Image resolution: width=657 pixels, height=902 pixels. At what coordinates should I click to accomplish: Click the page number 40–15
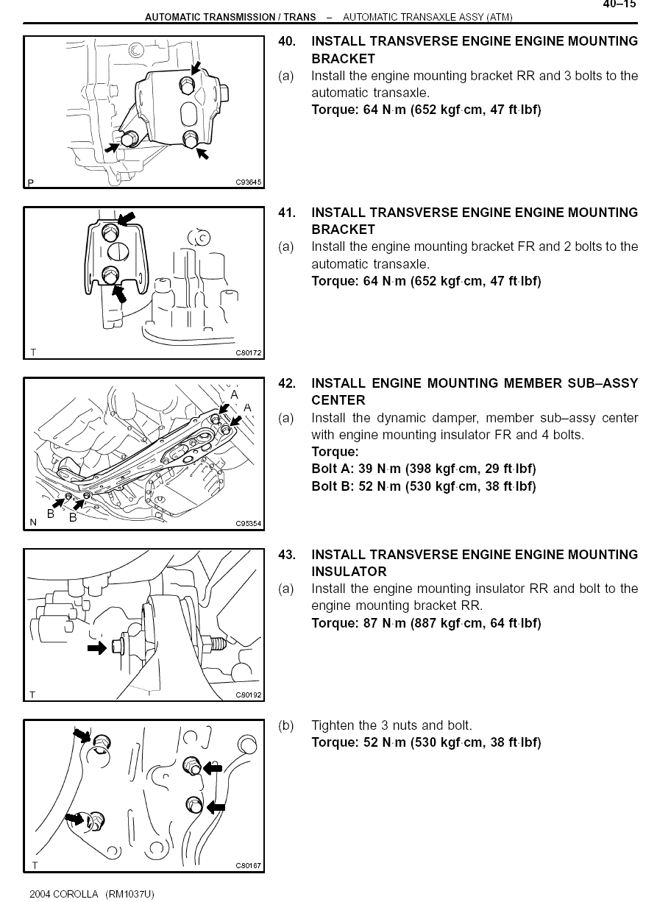point(619,4)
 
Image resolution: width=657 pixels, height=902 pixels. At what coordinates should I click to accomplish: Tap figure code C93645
point(249,182)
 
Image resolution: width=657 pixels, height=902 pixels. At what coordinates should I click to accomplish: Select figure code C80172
point(249,353)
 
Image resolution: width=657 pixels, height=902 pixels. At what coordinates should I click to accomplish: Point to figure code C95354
point(249,524)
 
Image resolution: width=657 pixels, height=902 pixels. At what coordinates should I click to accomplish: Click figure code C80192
point(249,695)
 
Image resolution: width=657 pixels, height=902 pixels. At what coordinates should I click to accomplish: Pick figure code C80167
point(249,866)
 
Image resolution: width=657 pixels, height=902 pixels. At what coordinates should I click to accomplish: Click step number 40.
point(286,42)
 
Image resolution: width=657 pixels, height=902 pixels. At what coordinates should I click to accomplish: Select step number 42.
point(286,383)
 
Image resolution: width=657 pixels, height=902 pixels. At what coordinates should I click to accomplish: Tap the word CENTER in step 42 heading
point(338,400)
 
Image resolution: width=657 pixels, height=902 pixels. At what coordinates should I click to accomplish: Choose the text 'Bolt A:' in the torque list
point(333,469)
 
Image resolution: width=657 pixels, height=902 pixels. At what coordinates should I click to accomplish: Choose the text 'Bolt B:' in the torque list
point(333,486)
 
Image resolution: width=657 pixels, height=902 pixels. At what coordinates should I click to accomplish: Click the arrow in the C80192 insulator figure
point(96,648)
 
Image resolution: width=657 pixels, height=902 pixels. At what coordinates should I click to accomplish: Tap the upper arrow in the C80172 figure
point(127,219)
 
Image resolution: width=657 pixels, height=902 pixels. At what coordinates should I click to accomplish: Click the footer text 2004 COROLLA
point(64,894)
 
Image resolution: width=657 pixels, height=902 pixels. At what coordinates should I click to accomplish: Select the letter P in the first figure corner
point(31,182)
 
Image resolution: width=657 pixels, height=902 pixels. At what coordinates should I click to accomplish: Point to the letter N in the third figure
point(33,523)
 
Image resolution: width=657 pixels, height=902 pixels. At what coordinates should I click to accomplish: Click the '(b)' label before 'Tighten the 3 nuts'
point(285,725)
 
